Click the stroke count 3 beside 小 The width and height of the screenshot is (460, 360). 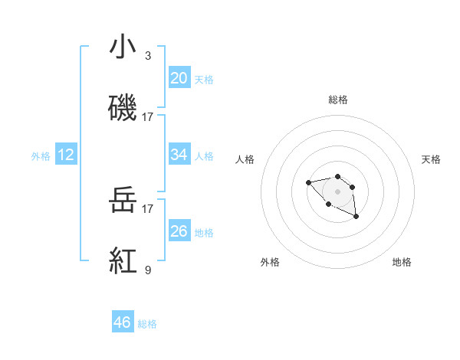click(x=148, y=57)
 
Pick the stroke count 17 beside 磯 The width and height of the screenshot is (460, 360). click(x=148, y=117)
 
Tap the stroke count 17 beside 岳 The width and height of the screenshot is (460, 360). click(x=148, y=208)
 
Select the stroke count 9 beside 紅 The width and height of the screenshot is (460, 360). click(x=148, y=270)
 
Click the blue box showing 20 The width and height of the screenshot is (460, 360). click(x=179, y=77)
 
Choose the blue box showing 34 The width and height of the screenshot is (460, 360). click(x=179, y=155)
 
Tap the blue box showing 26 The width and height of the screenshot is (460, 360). click(x=179, y=231)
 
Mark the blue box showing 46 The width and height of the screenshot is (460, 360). click(x=123, y=322)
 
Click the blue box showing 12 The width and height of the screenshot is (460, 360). click(x=66, y=155)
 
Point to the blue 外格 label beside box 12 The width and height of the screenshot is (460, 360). click(x=41, y=155)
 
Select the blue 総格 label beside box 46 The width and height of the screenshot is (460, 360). click(x=147, y=323)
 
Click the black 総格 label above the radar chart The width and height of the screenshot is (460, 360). click(x=338, y=100)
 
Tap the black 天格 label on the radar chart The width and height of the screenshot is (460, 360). click(x=431, y=159)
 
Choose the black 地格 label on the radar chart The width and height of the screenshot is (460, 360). click(x=402, y=262)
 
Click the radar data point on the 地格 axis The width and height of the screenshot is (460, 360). click(x=356, y=218)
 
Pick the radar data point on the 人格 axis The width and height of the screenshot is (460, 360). click(x=308, y=182)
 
